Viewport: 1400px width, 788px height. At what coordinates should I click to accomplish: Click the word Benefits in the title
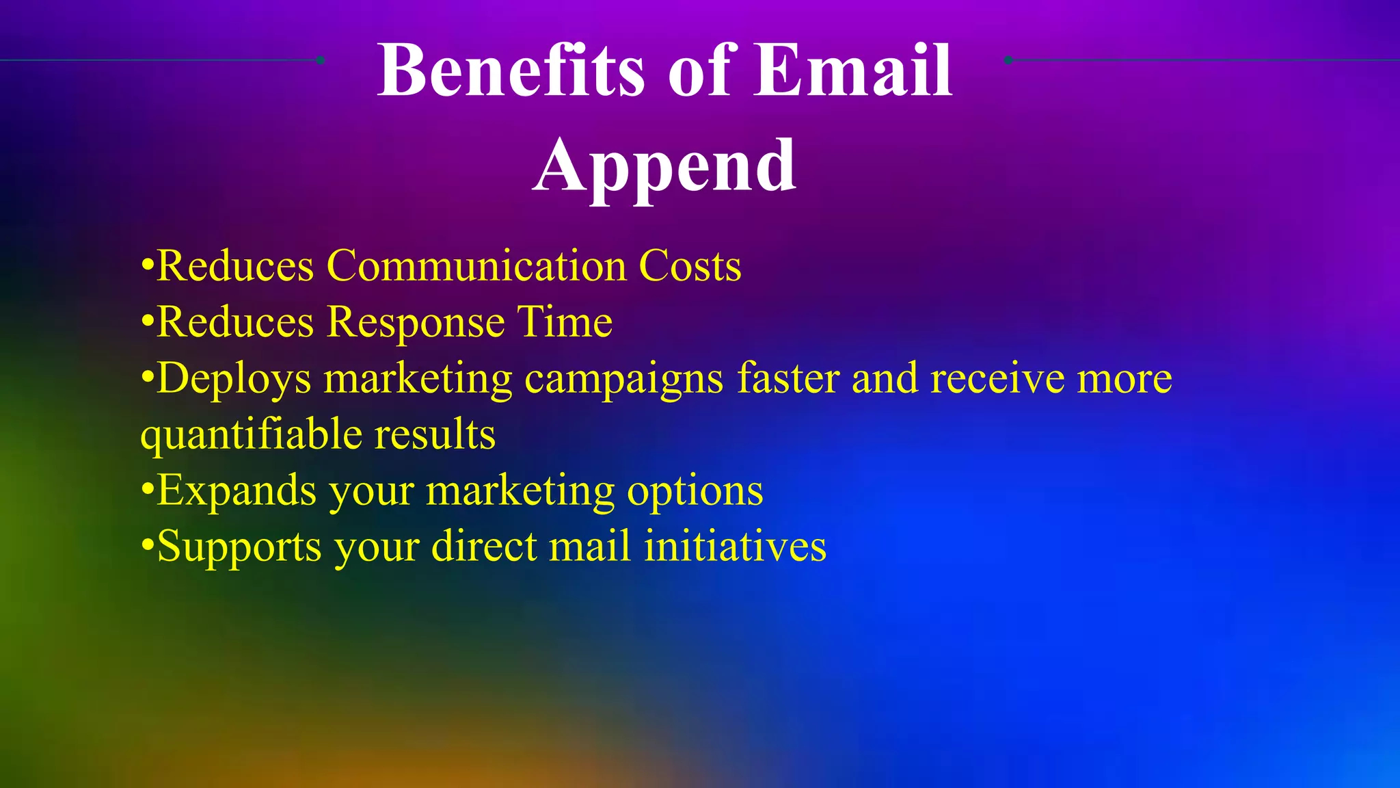[x=510, y=70]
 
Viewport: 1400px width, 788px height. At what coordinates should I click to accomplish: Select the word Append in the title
[x=664, y=166]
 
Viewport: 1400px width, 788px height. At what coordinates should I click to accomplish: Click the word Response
[x=416, y=321]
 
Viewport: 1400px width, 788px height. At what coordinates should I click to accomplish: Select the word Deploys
[x=233, y=378]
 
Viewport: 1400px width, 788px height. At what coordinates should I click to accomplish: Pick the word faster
[x=787, y=378]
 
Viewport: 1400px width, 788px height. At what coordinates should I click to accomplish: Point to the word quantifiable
[x=250, y=435]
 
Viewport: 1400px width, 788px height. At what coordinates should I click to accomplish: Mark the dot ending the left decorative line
[x=320, y=60]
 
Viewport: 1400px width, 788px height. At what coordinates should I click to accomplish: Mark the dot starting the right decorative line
[x=1008, y=60]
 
